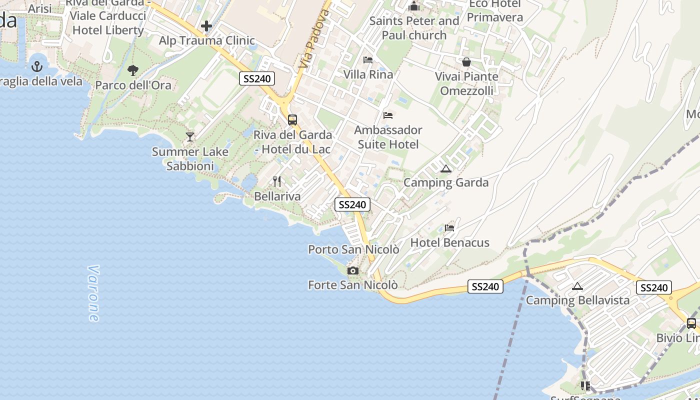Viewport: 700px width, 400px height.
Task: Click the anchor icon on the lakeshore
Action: pyautogui.click(x=36, y=66)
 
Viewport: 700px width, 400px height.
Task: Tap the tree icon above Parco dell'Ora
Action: pyautogui.click(x=133, y=70)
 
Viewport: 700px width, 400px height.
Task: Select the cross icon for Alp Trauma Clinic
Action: pyautogui.click(x=206, y=26)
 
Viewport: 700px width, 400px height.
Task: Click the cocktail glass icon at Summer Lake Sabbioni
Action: pyautogui.click(x=190, y=136)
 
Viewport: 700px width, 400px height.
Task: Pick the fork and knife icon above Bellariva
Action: pyautogui.click(x=277, y=181)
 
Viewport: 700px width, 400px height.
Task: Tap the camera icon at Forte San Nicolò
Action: pyautogui.click(x=353, y=270)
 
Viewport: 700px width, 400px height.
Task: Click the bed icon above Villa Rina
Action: pyautogui.click(x=368, y=60)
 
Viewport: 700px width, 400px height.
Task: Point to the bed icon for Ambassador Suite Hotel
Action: pyautogui.click(x=388, y=115)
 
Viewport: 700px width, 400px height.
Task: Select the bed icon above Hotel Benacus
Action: pyautogui.click(x=449, y=228)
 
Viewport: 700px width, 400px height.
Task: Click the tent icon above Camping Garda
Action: pyautogui.click(x=446, y=168)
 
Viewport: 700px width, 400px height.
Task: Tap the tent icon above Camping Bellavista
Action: pyautogui.click(x=577, y=286)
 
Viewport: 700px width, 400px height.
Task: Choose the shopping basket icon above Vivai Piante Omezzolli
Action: pyautogui.click(x=466, y=62)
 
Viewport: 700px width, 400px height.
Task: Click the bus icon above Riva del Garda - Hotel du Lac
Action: pyautogui.click(x=292, y=120)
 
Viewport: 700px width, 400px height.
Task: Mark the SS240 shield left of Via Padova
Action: pyautogui.click(x=257, y=78)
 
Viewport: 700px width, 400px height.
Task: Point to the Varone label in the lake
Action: pyautogui.click(x=93, y=293)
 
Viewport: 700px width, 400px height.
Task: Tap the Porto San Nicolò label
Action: pyautogui.click(x=353, y=249)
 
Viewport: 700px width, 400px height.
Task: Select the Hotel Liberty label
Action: pyautogui.click(x=108, y=30)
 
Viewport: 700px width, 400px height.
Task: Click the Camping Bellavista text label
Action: pyautogui.click(x=577, y=300)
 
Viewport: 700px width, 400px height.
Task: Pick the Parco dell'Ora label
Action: pyautogui.click(x=133, y=85)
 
